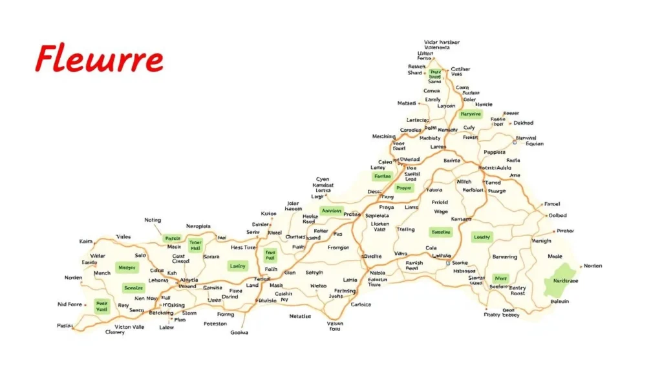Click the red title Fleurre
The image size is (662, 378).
tap(99, 60)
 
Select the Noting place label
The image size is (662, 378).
tap(153, 220)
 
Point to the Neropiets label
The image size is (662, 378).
tap(198, 226)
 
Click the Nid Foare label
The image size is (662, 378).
tap(70, 304)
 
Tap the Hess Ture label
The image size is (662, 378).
tap(244, 247)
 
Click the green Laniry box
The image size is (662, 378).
tap(237, 266)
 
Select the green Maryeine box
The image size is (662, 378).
tap(471, 114)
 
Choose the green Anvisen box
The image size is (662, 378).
tap(332, 211)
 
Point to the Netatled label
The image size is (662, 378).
tap(299, 317)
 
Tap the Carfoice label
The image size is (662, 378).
tap(361, 304)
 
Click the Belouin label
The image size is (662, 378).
tap(559, 301)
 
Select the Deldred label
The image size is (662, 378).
tap(524, 123)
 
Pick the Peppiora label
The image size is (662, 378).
tap(494, 152)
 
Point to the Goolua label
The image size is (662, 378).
tap(239, 333)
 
